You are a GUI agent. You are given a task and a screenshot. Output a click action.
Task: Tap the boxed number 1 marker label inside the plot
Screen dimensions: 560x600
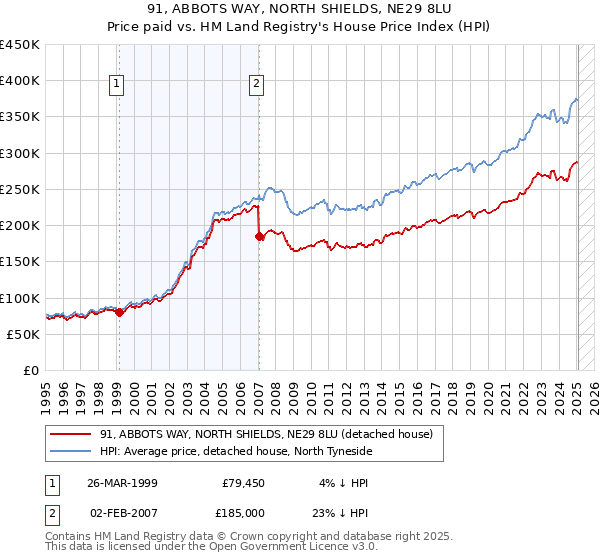pyautogui.click(x=118, y=85)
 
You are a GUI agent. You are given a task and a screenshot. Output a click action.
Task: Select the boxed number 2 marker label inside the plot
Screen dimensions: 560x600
pyautogui.click(x=257, y=85)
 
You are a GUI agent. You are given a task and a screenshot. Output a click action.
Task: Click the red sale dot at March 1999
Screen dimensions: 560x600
pyautogui.click(x=119, y=312)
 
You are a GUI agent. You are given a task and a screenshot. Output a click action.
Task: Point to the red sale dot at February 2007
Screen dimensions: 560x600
pyautogui.click(x=259, y=236)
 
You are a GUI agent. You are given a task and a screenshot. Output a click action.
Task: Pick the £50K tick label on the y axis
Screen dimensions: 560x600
pyautogui.click(x=24, y=334)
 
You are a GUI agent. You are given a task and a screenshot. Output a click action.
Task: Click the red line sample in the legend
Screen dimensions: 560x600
pyautogui.click(x=71, y=434)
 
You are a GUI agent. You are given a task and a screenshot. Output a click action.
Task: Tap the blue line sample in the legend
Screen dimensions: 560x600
pyautogui.click(x=71, y=451)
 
